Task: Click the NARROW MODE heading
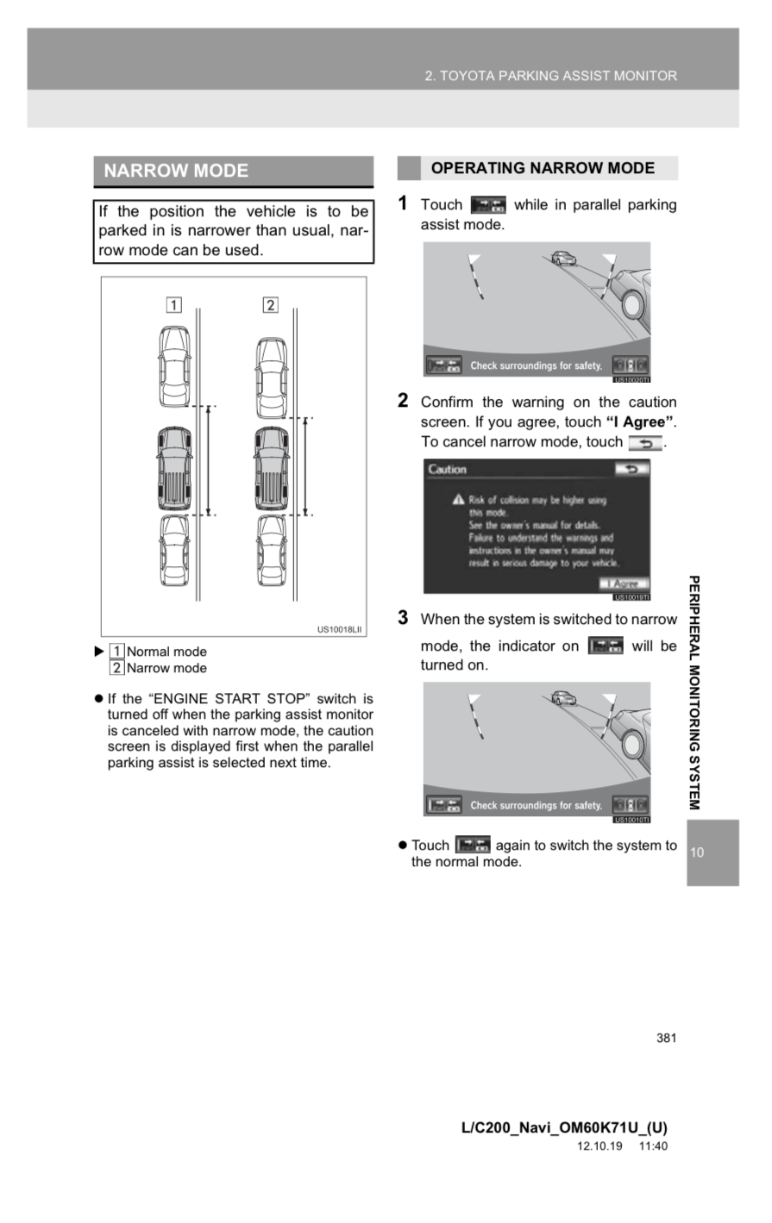(x=176, y=171)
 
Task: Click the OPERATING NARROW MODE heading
(x=543, y=168)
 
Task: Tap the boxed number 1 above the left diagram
(x=173, y=304)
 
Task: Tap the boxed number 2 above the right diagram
(x=271, y=304)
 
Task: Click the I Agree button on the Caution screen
(x=625, y=583)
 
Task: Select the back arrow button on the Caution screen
(x=631, y=469)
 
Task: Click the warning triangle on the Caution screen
(x=459, y=500)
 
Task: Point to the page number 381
(x=666, y=1038)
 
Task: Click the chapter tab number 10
(x=697, y=852)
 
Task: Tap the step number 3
(x=403, y=617)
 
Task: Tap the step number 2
(x=403, y=400)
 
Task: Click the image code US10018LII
(x=341, y=629)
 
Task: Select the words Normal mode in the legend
(x=166, y=652)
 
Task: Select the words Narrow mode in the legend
(x=166, y=668)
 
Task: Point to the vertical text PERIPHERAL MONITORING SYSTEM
(x=694, y=692)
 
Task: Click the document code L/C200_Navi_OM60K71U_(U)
(x=564, y=1127)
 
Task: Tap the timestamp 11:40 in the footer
(x=653, y=1146)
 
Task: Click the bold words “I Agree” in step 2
(x=640, y=422)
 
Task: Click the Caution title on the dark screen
(x=447, y=470)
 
